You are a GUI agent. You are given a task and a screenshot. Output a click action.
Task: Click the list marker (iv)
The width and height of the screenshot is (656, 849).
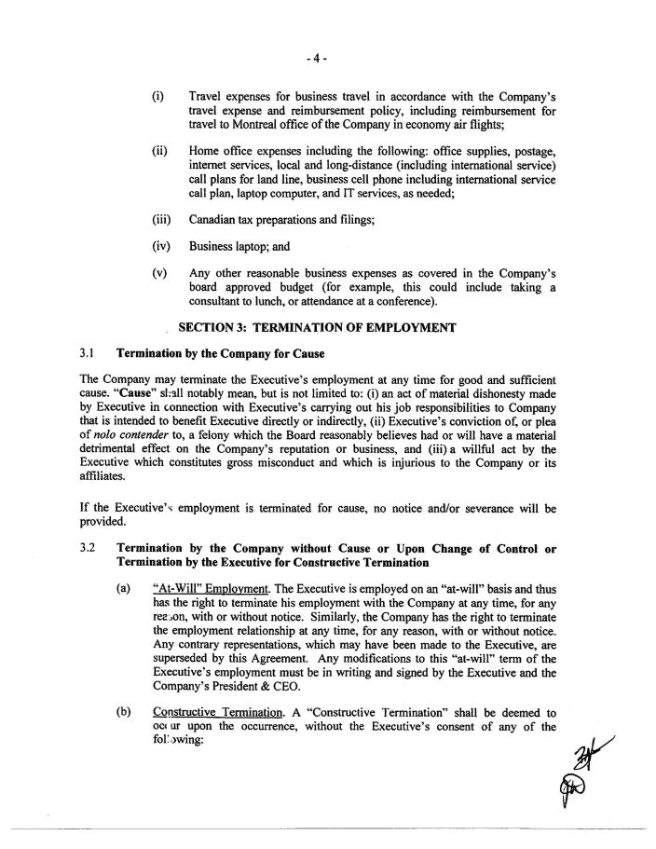159,248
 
